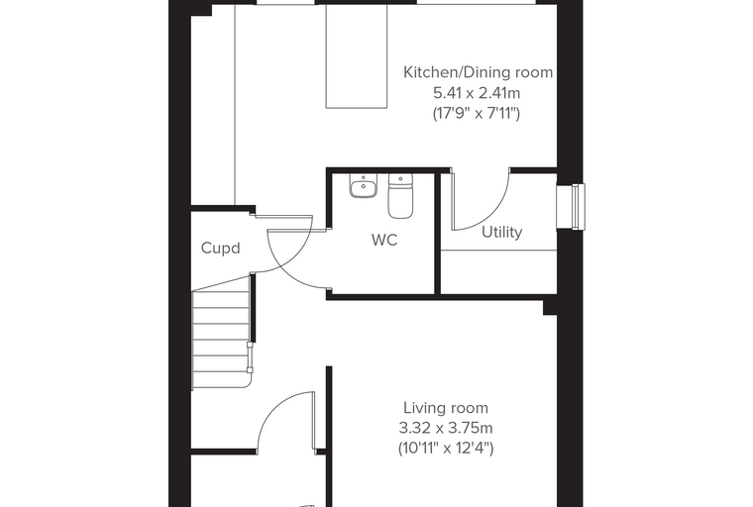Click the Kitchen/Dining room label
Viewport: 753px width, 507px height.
(478, 72)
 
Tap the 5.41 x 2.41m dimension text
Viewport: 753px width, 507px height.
(477, 93)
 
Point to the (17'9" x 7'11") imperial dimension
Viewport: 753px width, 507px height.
(477, 113)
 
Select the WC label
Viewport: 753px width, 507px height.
(384, 240)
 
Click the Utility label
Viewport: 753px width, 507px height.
(502, 233)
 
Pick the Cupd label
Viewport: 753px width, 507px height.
(220, 249)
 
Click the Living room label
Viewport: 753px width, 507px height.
(446, 408)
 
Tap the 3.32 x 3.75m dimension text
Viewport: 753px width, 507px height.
(446, 428)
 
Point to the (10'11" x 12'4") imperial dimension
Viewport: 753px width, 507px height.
(446, 449)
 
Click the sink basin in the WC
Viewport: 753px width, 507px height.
(364, 186)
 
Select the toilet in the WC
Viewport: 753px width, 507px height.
(400, 196)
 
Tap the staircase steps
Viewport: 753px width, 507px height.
(221, 339)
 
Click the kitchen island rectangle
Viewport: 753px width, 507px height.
(357, 56)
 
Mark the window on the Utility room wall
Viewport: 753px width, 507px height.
(571, 206)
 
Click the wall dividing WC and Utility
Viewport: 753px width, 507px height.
(438, 232)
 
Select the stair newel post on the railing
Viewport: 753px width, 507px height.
(250, 357)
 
